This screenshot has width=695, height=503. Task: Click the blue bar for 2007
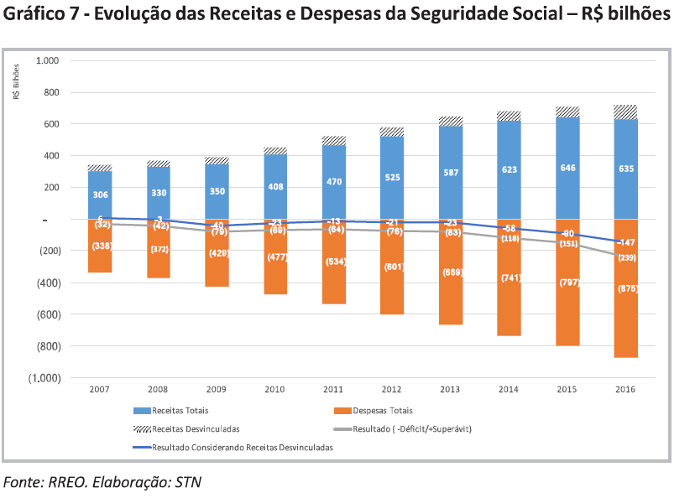click(x=100, y=194)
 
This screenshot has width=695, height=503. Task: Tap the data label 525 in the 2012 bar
click(x=392, y=178)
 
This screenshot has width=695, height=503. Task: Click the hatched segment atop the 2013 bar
click(x=450, y=121)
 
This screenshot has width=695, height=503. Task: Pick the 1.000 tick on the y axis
click(x=48, y=61)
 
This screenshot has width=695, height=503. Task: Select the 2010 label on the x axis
click(x=275, y=390)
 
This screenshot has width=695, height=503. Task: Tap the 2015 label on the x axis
click(x=567, y=390)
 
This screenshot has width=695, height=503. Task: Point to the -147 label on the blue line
click(x=625, y=241)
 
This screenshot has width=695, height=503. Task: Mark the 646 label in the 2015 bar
click(x=567, y=169)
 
